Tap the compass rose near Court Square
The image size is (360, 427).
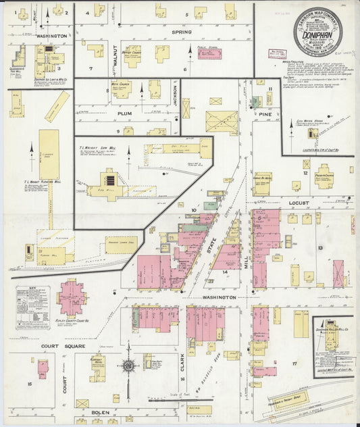click(128, 366)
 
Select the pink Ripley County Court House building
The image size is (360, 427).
click(71, 298)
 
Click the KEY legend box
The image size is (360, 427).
click(32, 307)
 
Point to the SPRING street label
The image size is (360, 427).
click(181, 32)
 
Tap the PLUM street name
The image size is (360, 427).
click(124, 114)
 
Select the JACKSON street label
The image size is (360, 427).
click(174, 95)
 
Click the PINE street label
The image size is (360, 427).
click(265, 114)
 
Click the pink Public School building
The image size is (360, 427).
click(209, 53)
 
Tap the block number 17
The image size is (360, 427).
click(294, 363)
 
